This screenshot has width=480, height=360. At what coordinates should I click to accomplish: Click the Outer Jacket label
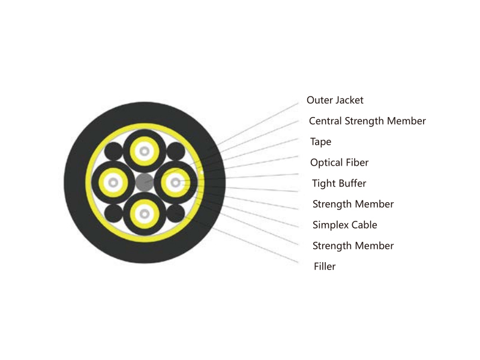click(x=335, y=100)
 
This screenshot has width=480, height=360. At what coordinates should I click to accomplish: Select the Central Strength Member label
click(x=367, y=121)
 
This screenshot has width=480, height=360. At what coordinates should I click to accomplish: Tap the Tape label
click(x=320, y=142)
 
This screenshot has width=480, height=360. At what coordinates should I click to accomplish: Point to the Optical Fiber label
click(x=339, y=163)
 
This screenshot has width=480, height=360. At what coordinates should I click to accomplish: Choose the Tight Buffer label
click(x=339, y=184)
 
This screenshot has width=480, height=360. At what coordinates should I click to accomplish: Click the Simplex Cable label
click(x=344, y=225)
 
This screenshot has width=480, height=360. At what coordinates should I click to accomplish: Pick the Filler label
click(x=325, y=266)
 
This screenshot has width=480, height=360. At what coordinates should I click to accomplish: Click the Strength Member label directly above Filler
click(x=353, y=246)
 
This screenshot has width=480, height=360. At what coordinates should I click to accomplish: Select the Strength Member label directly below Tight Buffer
click(x=353, y=204)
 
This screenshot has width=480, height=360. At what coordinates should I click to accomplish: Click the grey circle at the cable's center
click(x=145, y=182)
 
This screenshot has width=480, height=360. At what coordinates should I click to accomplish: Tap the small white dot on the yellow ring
click(x=202, y=173)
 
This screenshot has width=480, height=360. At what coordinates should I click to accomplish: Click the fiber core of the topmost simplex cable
click(x=145, y=151)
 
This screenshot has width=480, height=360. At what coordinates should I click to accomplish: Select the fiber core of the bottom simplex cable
click(x=145, y=214)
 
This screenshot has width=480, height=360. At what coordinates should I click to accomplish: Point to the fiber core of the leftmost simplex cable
click(x=113, y=183)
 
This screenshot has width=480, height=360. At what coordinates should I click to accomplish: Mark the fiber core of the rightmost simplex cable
click(x=175, y=183)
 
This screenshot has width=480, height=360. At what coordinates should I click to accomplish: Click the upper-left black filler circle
click(x=113, y=151)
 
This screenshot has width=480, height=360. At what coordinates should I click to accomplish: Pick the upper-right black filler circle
click(x=176, y=151)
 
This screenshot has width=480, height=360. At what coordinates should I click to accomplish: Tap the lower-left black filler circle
click(x=113, y=214)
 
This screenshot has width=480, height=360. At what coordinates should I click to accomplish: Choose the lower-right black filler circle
click(x=176, y=214)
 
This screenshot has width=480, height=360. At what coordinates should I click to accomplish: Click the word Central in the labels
click(x=325, y=121)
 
